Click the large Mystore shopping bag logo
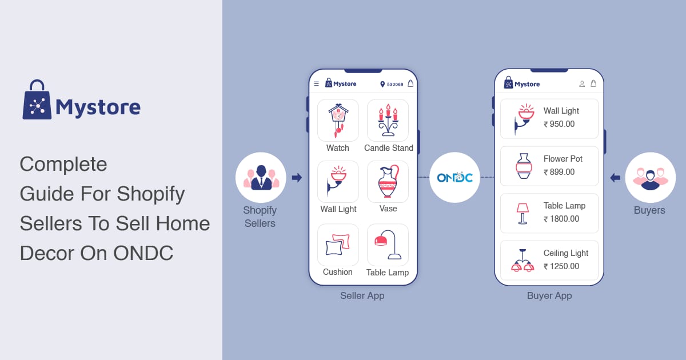point(37,100)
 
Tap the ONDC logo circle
point(454,178)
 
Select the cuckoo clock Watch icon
point(338,121)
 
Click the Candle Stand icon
point(388,120)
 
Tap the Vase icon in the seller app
point(388,181)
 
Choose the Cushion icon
point(337,245)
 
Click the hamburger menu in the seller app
point(316,83)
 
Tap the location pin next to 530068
point(382,84)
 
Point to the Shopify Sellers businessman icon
point(261,178)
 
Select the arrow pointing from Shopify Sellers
point(297,178)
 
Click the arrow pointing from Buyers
point(615,178)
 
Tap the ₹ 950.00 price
point(559,124)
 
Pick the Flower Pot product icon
point(524,166)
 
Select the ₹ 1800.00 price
point(561,219)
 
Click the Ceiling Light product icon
point(523,261)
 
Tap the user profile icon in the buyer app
point(582,83)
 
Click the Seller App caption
point(362,296)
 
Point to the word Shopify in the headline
point(151,194)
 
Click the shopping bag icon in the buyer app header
point(593,83)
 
